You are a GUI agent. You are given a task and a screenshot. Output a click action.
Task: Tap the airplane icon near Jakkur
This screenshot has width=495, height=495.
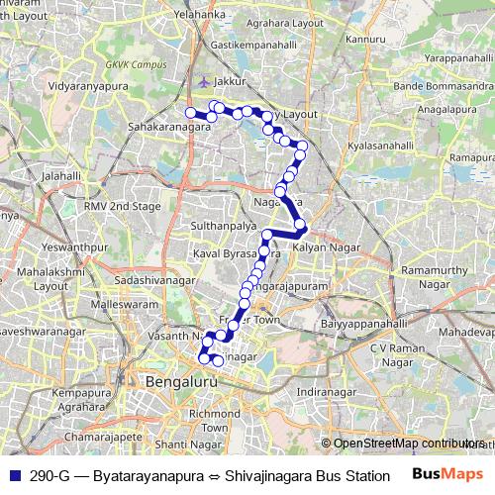pos(204,81)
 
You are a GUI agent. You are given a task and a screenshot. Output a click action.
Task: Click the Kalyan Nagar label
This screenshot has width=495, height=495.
pos(327,246)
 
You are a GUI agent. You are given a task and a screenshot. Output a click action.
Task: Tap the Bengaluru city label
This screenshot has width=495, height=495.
pos(180,381)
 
